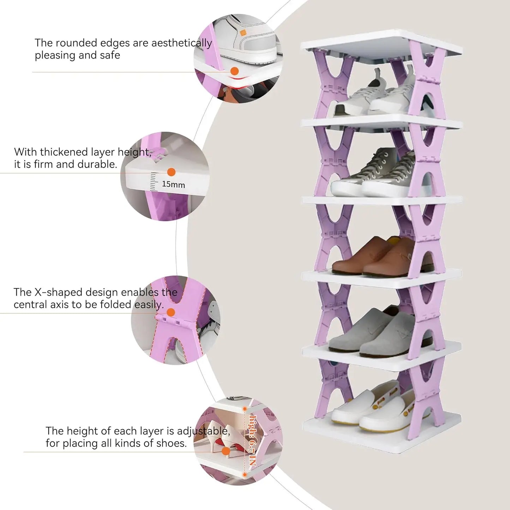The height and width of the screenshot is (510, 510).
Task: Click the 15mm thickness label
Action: pyautogui.click(x=173, y=184)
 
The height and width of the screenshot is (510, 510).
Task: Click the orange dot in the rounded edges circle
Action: pyautogui.click(x=234, y=71)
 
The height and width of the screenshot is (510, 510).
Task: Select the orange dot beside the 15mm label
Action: pyautogui.click(x=171, y=172)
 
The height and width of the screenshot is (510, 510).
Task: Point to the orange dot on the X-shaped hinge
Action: pyautogui.click(x=170, y=312)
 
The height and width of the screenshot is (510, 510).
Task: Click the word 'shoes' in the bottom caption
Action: pyautogui.click(x=172, y=443)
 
